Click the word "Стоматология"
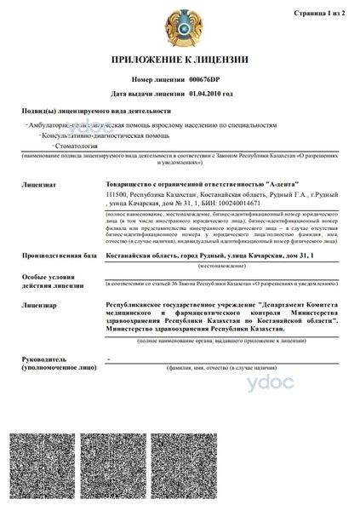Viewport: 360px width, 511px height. (73, 146)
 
